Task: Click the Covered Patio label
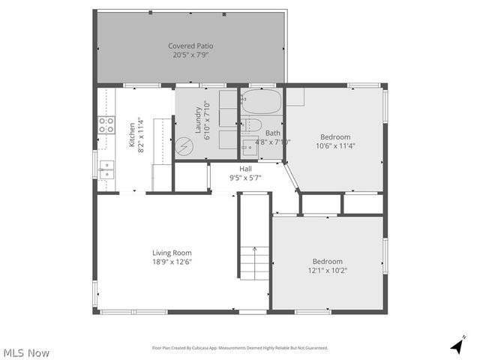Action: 190,46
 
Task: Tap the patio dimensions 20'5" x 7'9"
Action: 190,55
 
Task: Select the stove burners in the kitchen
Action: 106,125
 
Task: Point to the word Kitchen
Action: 132,133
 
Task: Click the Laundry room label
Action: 199,121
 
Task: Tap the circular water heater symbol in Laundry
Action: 184,147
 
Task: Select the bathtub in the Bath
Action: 261,100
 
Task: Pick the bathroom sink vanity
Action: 250,149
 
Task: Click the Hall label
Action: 245,169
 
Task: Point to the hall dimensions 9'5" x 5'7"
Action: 245,178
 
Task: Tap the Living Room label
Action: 172,253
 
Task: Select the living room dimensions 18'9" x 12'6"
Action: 172,262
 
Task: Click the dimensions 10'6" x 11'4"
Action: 335,146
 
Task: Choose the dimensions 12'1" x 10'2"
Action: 328,270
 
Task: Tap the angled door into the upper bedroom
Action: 292,177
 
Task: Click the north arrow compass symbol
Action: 455,346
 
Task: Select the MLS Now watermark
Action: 27,352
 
